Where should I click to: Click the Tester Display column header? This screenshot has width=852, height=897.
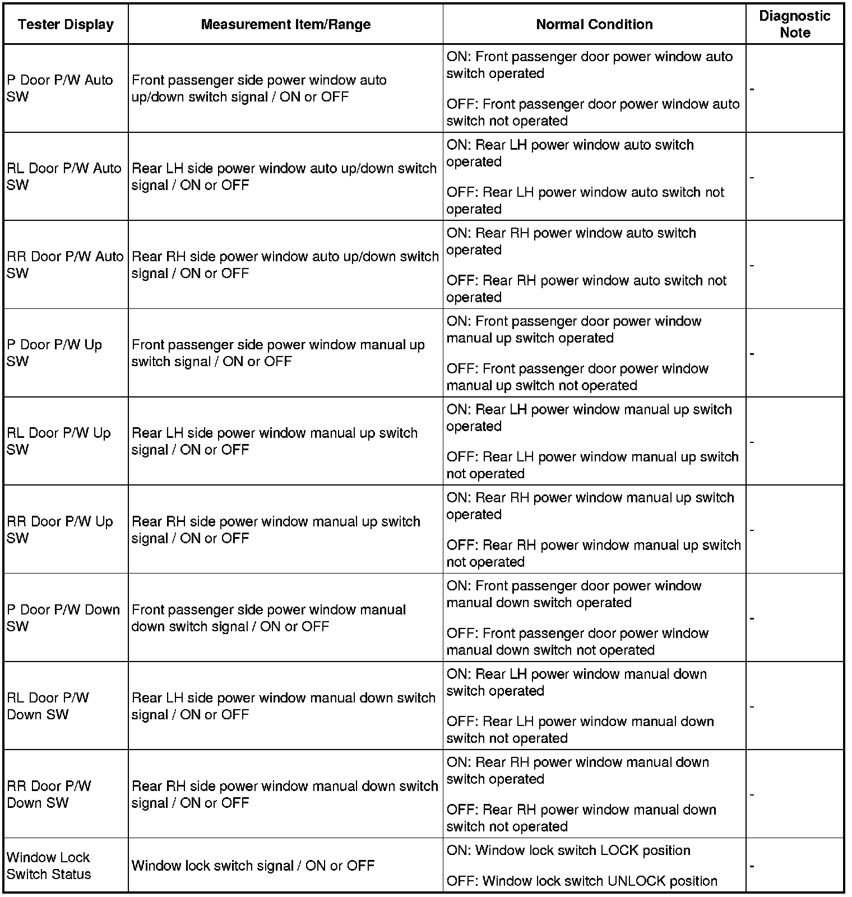(66, 25)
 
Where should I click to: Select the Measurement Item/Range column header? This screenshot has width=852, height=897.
(285, 25)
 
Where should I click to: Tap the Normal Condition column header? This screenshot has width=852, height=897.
(594, 25)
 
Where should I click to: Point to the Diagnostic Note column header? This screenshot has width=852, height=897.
(794, 24)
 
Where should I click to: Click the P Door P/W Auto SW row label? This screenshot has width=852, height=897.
(60, 89)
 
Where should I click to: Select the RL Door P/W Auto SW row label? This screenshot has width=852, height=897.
(64, 177)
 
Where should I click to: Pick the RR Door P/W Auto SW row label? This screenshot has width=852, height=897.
(65, 265)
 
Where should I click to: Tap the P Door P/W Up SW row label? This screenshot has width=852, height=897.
(54, 353)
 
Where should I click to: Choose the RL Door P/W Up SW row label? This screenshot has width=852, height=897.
(59, 441)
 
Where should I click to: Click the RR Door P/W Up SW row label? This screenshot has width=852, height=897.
(60, 530)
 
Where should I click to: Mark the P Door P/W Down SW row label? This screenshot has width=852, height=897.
(63, 618)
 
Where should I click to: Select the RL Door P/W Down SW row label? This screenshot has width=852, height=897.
(48, 706)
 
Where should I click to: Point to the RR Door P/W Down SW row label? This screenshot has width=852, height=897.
(49, 794)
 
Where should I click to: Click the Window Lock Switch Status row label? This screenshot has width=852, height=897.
(49, 866)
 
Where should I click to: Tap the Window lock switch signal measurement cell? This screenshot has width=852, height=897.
(253, 866)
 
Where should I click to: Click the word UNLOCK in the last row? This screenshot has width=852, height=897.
(638, 881)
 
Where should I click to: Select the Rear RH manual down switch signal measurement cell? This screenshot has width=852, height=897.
(285, 794)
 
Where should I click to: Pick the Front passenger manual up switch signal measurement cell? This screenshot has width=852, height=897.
(278, 353)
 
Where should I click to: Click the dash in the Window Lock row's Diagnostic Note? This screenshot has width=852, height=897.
(752, 866)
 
